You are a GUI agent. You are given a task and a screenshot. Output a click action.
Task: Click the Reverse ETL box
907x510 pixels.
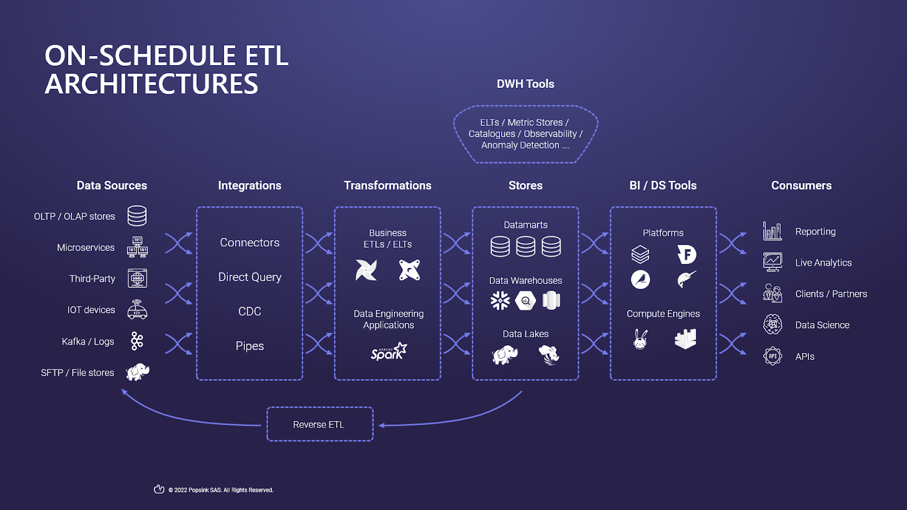coord(320,424)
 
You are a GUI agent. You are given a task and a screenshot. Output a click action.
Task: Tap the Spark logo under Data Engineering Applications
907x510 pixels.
coord(389,352)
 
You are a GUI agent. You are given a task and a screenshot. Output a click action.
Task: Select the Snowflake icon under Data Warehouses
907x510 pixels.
coord(500,300)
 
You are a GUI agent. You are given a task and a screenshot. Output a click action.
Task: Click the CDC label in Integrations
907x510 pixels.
coord(249,311)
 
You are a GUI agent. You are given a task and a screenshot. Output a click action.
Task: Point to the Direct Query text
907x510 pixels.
coord(249,277)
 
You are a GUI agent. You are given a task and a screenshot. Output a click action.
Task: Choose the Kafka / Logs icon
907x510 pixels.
coord(137,341)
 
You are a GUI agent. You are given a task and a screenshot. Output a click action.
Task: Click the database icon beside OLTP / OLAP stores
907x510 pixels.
coord(137,216)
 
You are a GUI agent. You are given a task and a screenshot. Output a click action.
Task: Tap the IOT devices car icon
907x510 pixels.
coord(137,310)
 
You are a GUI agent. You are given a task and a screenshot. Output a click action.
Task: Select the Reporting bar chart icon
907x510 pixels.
coord(772,231)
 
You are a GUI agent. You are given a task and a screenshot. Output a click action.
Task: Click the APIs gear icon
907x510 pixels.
coord(772,356)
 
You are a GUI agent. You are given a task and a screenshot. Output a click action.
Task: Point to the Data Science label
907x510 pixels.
coord(822,325)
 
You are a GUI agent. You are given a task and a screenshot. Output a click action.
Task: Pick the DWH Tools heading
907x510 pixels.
coord(525,84)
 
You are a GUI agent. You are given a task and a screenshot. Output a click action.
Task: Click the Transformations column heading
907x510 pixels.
coord(387,185)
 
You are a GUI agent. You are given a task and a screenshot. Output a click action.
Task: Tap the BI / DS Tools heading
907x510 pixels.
coord(663,185)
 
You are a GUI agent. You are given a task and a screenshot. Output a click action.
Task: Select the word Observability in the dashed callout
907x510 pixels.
coord(550,134)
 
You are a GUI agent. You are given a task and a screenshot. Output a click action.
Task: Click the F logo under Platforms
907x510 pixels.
coord(686,254)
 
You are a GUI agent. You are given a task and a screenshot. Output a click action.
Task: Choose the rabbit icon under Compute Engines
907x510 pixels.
coord(641,339)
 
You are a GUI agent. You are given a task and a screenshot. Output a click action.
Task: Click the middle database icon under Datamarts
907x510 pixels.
coord(525,246)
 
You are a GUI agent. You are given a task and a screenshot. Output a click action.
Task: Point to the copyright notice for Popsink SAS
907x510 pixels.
coord(221,490)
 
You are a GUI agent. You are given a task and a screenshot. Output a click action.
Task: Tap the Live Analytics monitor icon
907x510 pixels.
coord(772,262)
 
